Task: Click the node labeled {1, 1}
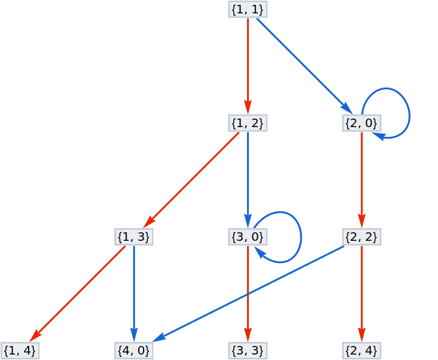tap(248, 9)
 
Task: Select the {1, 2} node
tap(248, 123)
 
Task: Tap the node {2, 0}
tap(361, 123)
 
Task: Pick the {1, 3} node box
tap(133, 237)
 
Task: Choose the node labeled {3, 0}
tap(248, 237)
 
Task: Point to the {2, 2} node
tap(361, 237)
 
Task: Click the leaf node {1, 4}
tap(19, 350)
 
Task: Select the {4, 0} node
tap(133, 350)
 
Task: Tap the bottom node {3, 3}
tap(248, 350)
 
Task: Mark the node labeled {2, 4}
tap(361, 350)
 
